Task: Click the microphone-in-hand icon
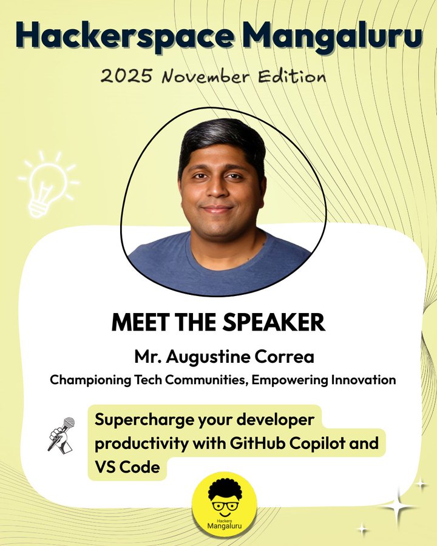click(x=61, y=434)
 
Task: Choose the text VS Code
click(x=127, y=467)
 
